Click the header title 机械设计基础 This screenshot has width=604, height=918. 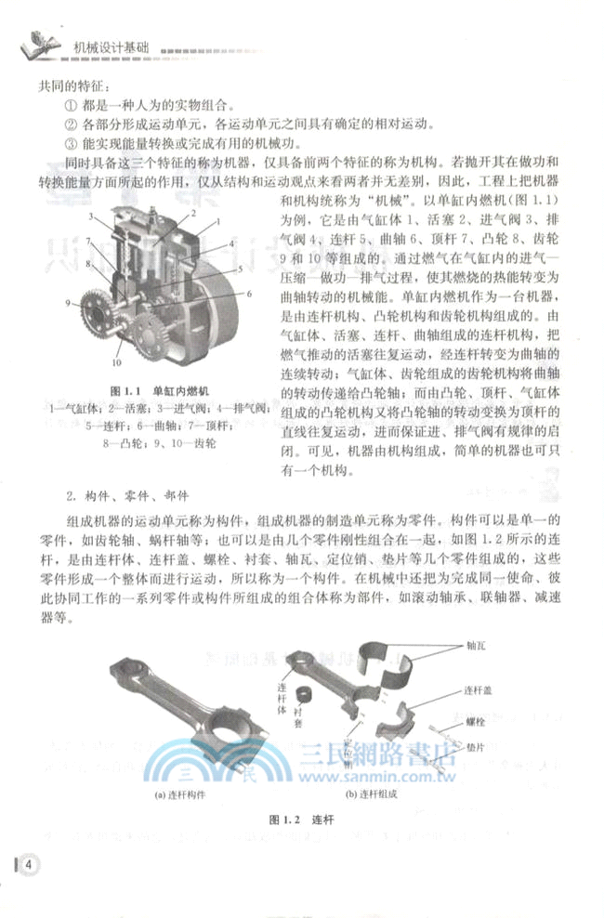(x=107, y=44)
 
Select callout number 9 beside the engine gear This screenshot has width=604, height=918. (x=68, y=303)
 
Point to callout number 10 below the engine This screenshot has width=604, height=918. (x=117, y=362)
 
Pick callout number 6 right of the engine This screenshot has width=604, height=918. (x=250, y=293)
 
